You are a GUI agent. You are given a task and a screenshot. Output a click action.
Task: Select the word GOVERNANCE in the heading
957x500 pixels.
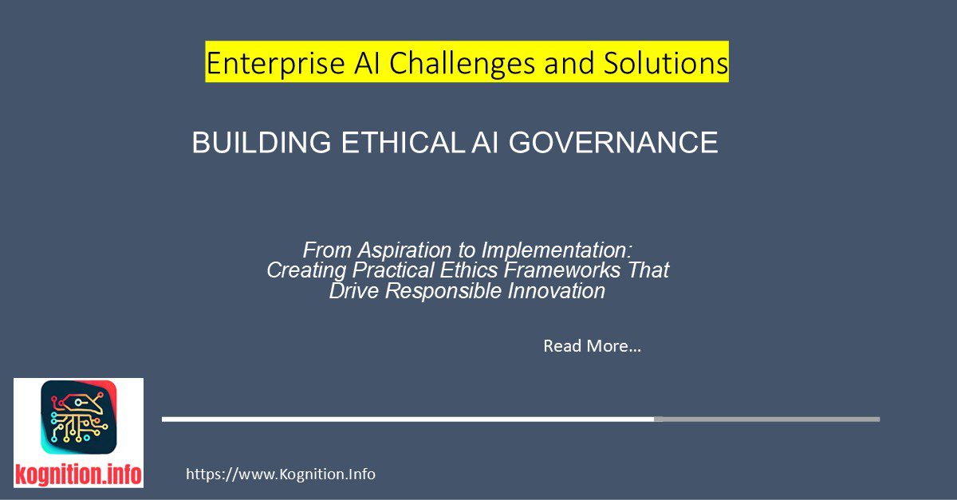[613, 143]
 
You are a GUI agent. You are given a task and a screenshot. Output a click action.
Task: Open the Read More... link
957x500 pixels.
[592, 346]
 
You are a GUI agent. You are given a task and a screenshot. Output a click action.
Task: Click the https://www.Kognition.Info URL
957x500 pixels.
[281, 474]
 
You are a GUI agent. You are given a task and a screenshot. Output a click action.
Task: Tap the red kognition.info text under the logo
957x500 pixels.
[78, 475]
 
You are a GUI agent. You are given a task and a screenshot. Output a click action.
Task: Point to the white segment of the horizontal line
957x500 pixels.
[408, 419]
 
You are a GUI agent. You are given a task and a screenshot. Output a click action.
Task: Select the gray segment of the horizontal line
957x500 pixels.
[766, 419]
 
